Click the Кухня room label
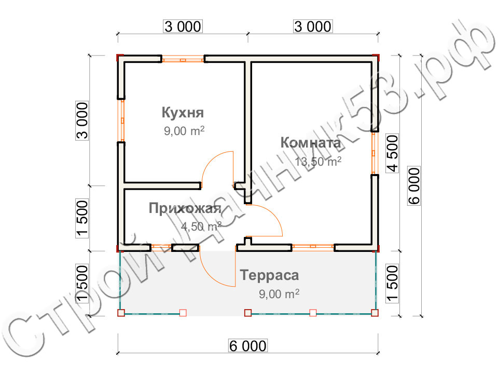coord(183,113)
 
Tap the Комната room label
coord(311,143)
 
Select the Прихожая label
coord(185,208)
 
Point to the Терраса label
coord(269,275)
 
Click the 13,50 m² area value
coord(318,162)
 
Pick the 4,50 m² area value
coord(201,226)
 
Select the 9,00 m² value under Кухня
coord(184,131)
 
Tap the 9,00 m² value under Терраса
coord(279,294)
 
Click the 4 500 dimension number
coord(392,153)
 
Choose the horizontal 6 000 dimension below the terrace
coord(248,346)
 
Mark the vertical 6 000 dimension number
coord(414,186)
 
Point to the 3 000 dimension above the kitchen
coord(183,26)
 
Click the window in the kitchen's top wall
coord(183,59)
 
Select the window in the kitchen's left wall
coord(121,121)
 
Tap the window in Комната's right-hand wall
coord(375,153)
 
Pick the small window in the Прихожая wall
coord(161,246)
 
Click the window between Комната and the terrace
coord(313,246)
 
